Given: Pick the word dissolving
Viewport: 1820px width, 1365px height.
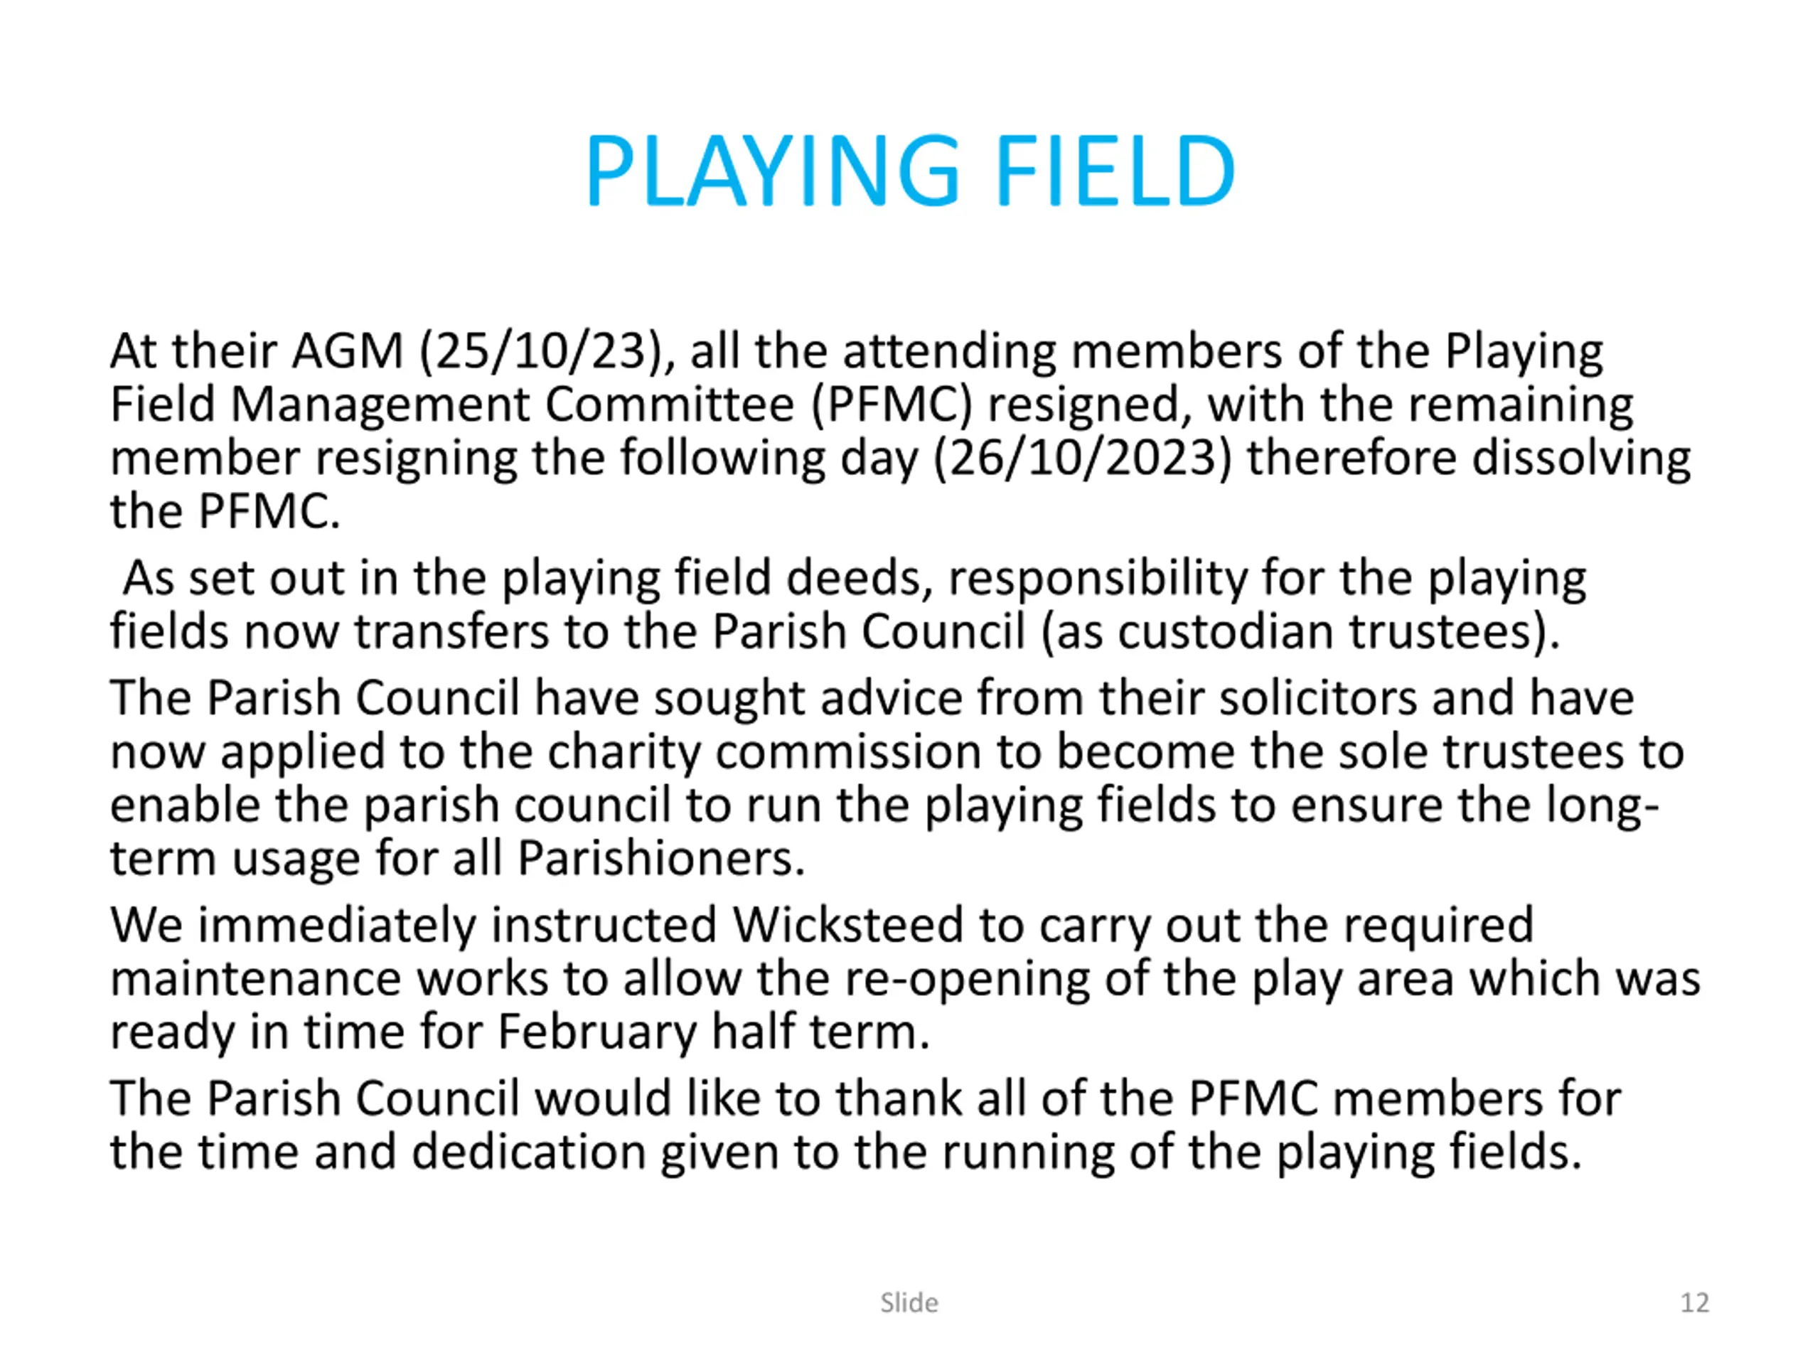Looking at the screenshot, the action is tap(1580, 459).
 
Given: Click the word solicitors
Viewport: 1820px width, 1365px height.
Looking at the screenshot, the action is tap(1317, 699).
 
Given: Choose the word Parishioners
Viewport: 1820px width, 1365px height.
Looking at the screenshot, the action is tap(660, 859).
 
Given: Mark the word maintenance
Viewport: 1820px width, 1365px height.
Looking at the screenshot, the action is tap(255, 980).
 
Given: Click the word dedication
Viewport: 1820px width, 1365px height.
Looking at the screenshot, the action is tap(529, 1152).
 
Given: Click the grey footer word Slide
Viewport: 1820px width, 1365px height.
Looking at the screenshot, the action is tap(909, 1302).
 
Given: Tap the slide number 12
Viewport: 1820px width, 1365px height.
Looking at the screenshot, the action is tap(1695, 1302).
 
